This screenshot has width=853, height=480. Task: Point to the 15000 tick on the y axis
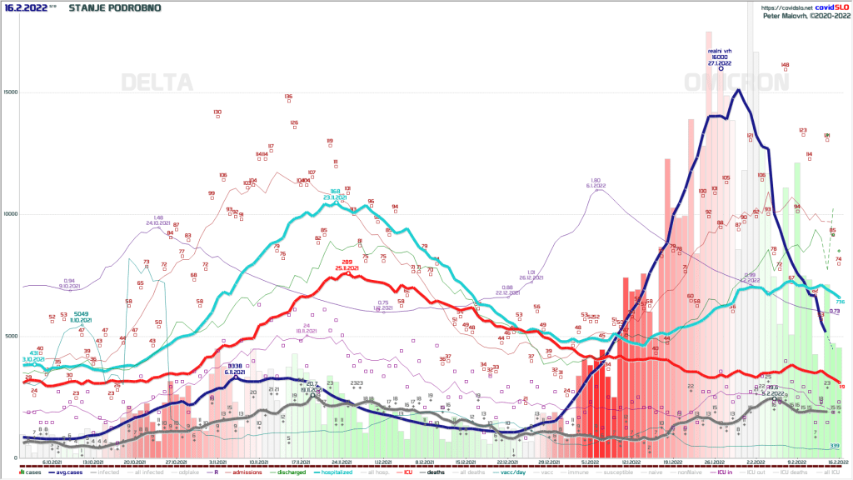(x=9, y=92)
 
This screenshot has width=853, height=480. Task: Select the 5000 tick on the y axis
(x=11, y=337)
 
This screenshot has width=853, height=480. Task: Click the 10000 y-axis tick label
(x=9, y=214)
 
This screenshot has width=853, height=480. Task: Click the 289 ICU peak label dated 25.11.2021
(x=347, y=263)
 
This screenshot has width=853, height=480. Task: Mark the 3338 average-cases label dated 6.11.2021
(x=235, y=367)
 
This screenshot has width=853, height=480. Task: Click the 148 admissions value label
(x=785, y=65)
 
